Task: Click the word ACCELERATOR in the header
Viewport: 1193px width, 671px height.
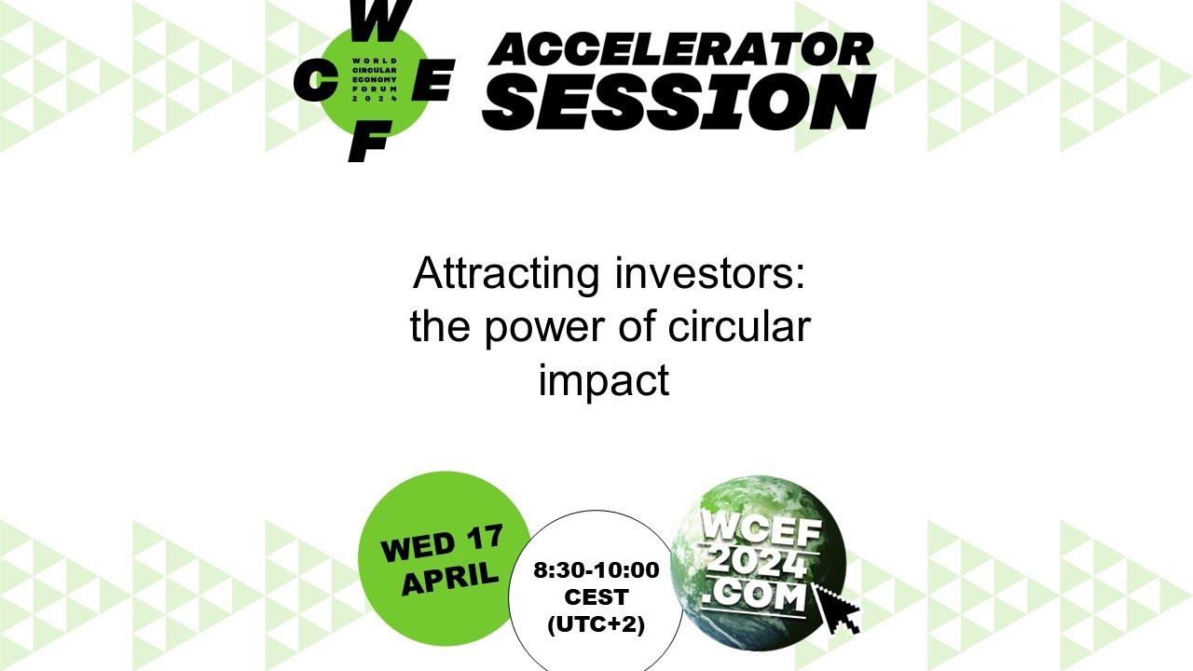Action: point(680,49)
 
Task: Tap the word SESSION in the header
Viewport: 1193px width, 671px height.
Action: point(679,102)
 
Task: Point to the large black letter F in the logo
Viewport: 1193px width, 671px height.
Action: point(368,143)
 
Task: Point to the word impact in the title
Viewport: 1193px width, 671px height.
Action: point(604,380)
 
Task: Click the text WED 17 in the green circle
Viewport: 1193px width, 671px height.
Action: point(442,543)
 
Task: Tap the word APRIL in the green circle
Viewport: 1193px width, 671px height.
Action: point(449,579)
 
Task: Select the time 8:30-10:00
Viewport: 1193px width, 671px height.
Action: point(596,570)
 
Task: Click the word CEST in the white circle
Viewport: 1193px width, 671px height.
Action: point(596,597)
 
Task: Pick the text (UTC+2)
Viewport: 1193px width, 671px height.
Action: point(596,624)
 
